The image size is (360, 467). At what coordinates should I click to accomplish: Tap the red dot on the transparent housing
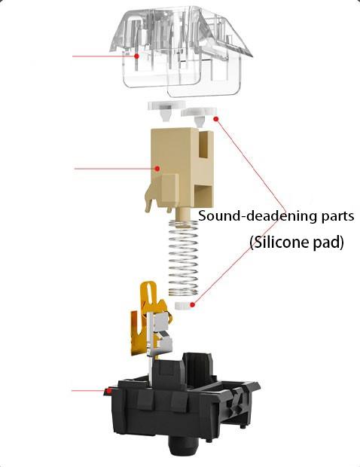click(x=136, y=56)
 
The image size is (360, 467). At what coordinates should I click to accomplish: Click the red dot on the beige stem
click(x=157, y=169)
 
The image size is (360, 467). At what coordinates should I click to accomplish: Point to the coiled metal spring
click(x=184, y=258)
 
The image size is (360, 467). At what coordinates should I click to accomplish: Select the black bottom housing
click(x=182, y=411)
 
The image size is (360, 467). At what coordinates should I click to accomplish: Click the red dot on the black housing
click(x=109, y=390)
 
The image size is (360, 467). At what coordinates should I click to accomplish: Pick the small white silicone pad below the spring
click(x=184, y=306)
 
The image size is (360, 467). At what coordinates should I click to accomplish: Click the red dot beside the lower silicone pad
click(x=193, y=305)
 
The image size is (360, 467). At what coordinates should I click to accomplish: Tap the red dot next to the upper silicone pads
click(x=216, y=119)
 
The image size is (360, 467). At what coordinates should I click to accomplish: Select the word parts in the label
click(x=338, y=216)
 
